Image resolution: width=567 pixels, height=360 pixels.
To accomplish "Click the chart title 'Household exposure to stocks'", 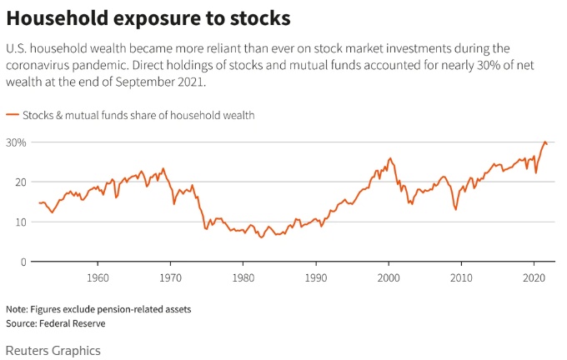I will click(147, 17).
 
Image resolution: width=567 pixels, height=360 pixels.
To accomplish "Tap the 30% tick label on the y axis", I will click(17, 142).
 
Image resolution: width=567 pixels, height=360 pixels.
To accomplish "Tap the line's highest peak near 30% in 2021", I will click(545, 142).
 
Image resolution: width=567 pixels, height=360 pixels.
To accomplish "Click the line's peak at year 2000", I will click(389, 157).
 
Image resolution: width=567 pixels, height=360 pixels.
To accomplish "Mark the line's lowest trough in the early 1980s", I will click(261, 237).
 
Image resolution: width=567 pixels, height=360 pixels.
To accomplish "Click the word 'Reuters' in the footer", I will click(28, 351).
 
